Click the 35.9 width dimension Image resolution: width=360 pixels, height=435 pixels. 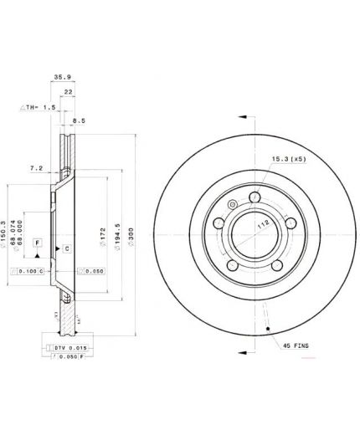(60, 77)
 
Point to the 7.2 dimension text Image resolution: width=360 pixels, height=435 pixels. (35, 169)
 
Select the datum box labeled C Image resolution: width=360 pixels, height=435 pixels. (67, 249)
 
